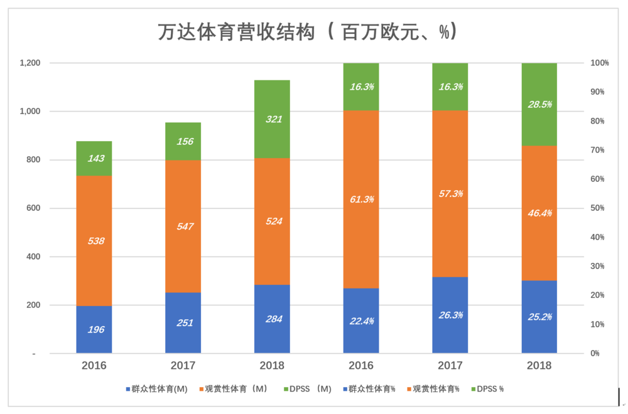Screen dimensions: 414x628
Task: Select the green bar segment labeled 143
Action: coord(94,158)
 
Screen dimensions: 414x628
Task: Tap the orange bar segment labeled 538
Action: coord(94,241)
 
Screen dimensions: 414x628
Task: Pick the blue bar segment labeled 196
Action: coord(94,330)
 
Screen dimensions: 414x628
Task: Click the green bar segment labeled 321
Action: coord(272,119)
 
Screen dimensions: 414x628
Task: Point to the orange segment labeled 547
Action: coord(183,226)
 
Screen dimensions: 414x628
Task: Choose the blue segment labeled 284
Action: coord(272,319)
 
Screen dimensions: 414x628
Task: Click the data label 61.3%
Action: coord(361,199)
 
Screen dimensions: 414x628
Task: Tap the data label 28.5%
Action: coord(539,104)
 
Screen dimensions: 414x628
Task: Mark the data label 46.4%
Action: coord(539,213)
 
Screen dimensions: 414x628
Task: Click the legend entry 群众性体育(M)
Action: coord(157,389)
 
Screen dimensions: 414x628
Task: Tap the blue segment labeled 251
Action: coord(183,323)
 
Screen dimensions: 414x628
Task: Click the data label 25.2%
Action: coord(539,317)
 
